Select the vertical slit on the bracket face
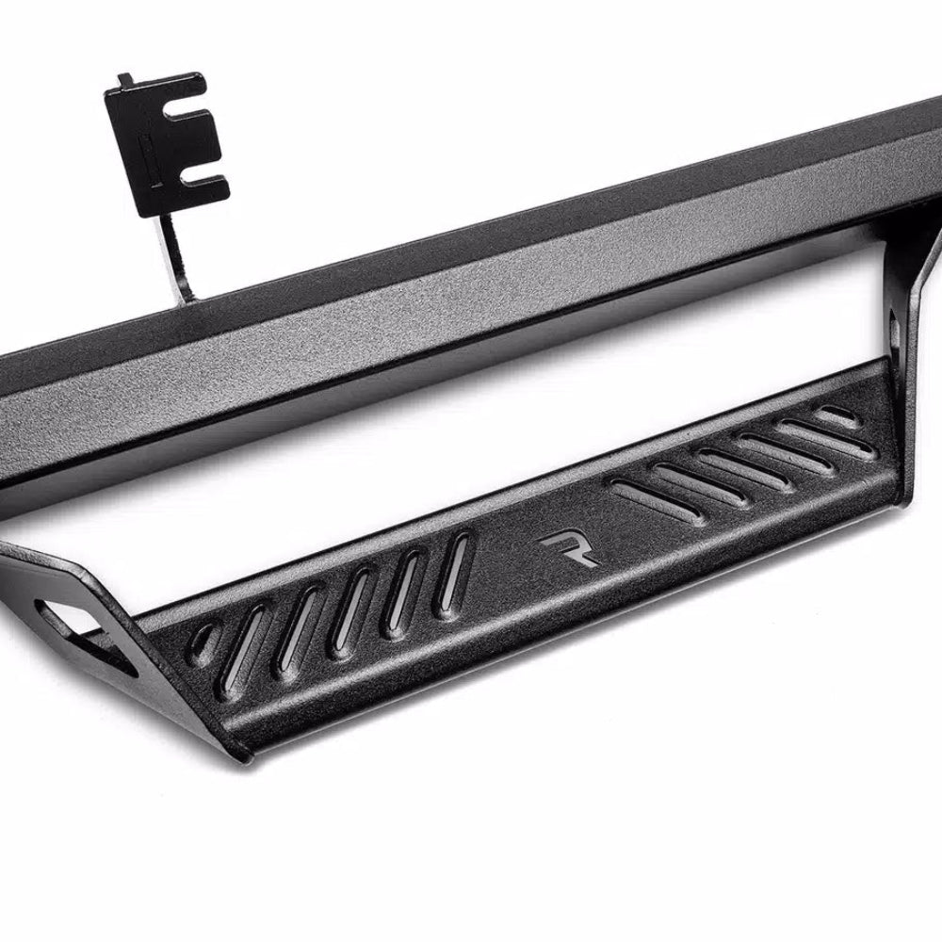point(151,152)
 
